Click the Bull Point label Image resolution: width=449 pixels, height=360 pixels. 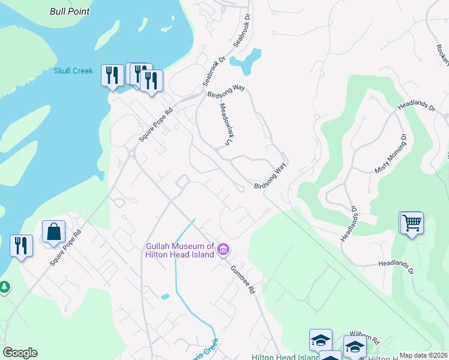pyautogui.click(x=70, y=11)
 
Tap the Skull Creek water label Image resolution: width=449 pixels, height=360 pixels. pyautogui.click(x=73, y=71)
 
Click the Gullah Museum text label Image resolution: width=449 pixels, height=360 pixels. pyautogui.click(x=180, y=250)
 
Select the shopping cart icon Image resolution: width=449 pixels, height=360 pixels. pyautogui.click(x=412, y=223)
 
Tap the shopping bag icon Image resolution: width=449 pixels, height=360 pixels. pyautogui.click(x=53, y=232)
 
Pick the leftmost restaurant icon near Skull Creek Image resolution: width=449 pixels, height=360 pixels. pyautogui.click(x=112, y=75)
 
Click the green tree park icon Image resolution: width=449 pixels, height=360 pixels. pyautogui.click(x=4, y=287)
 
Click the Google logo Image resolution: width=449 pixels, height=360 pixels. pyautogui.click(x=20, y=353)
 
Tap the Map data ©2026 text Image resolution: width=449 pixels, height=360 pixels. pyautogui.click(x=423, y=355)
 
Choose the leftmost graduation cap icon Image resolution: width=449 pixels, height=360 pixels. pyautogui.click(x=321, y=340)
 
